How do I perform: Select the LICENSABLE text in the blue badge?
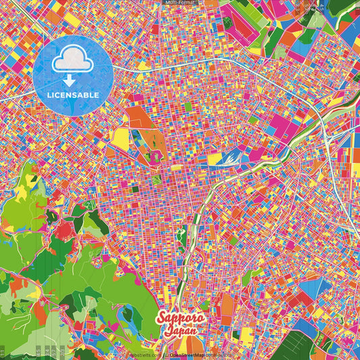[x=73, y=94]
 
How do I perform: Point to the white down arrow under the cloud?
[x=73, y=79]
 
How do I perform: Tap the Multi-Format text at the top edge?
[x=180, y=3]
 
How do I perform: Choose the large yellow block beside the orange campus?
[x=121, y=138]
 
